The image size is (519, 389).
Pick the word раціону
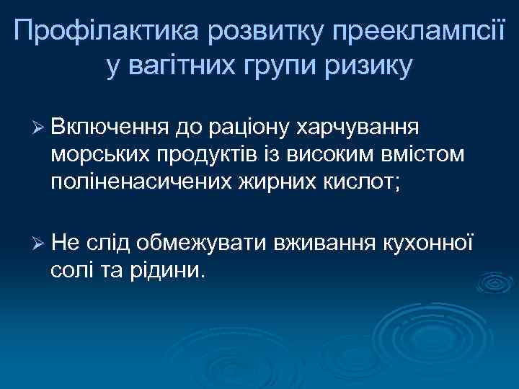click(251, 128)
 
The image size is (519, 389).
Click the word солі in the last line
click(71, 271)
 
